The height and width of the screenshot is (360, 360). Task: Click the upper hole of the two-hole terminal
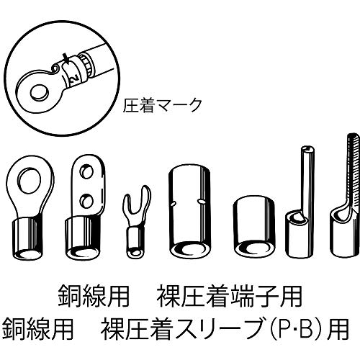(x=87, y=171)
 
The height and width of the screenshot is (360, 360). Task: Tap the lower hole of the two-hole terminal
(x=87, y=198)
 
